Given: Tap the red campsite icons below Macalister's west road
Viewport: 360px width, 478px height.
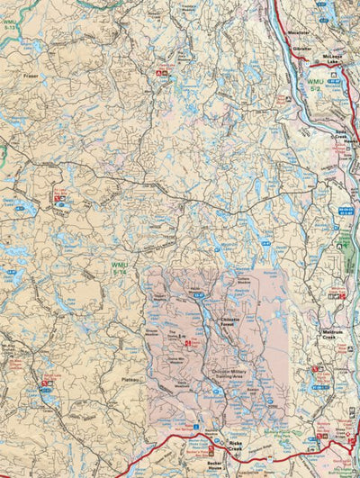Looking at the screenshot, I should pos(162,69).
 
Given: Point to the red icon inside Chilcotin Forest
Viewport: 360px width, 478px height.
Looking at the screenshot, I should pos(187,343).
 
